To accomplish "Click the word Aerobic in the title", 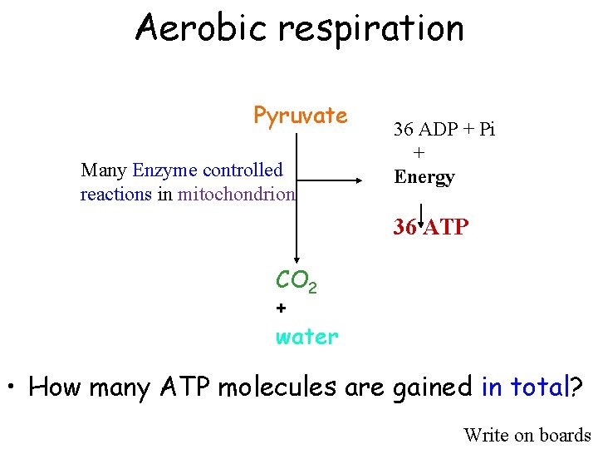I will pos(202,27).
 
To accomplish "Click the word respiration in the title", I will pos(370,29).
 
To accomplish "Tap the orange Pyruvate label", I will pos(301,116).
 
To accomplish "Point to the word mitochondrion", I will pos(236,195).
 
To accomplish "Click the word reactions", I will pos(115,195).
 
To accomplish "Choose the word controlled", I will pos(243,170).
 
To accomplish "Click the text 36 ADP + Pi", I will pos(444,130).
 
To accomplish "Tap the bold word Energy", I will pos(424,177).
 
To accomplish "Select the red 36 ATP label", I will pos(431,226).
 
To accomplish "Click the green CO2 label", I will pos(296,282).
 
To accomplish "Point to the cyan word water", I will pos(307,337).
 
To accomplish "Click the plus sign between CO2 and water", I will pos(281,308).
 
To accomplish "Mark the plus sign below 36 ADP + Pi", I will pos(419,153).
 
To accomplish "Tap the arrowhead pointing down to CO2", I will pos(295,261).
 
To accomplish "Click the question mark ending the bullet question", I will pos(576,387).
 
